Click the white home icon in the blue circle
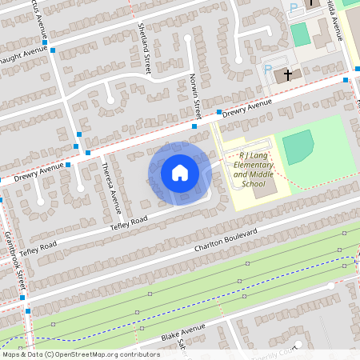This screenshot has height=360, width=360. coord(180,173)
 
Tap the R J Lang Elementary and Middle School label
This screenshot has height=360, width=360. coord(253,170)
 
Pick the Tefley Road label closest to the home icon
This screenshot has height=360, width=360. coord(129,224)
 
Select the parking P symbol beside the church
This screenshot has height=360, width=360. coord(268,70)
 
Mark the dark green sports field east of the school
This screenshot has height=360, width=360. coord(298,147)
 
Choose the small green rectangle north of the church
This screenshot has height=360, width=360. coord(300,34)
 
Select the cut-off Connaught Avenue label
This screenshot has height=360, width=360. coord(24,55)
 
